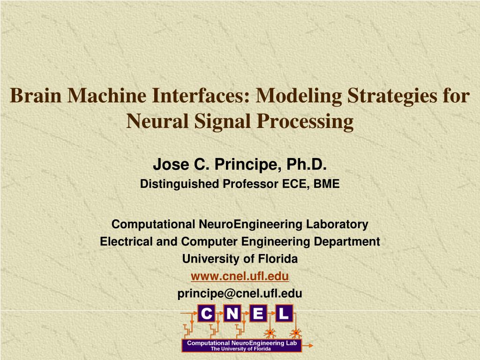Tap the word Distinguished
pyautogui.click(x=180, y=184)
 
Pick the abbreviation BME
pyautogui.click(x=326, y=184)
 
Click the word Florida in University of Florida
pyautogui.click(x=279, y=259)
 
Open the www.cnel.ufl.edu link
pyautogui.click(x=240, y=276)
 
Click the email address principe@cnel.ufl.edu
pyautogui.click(x=240, y=293)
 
